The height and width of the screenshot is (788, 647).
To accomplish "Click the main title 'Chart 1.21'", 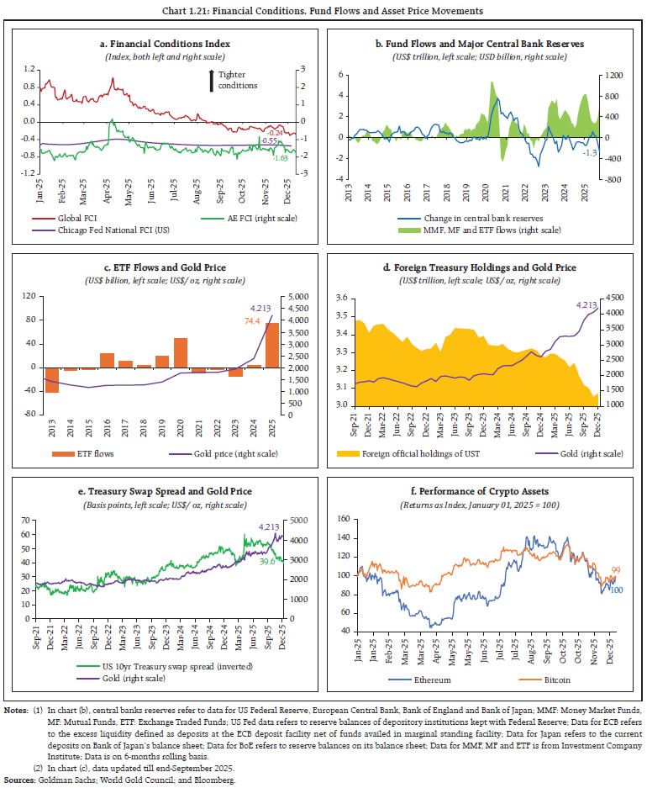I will click(x=323, y=10).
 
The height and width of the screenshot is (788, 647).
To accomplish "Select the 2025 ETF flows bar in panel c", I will click(x=273, y=345).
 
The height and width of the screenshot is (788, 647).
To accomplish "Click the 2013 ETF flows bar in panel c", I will click(x=52, y=379).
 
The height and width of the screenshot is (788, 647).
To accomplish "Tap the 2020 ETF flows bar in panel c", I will click(x=181, y=352).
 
